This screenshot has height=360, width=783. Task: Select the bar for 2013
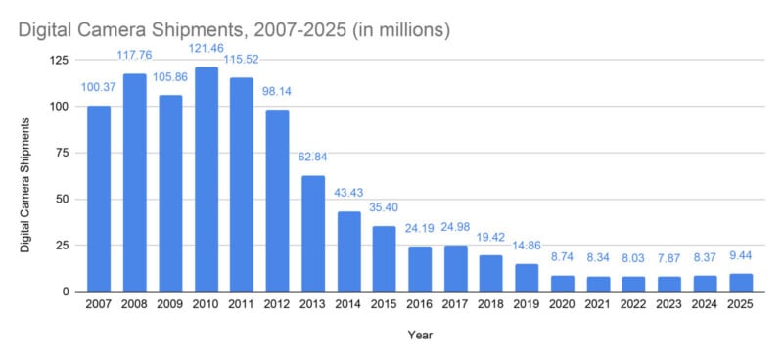point(312,233)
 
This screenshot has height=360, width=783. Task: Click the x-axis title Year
point(420,335)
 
